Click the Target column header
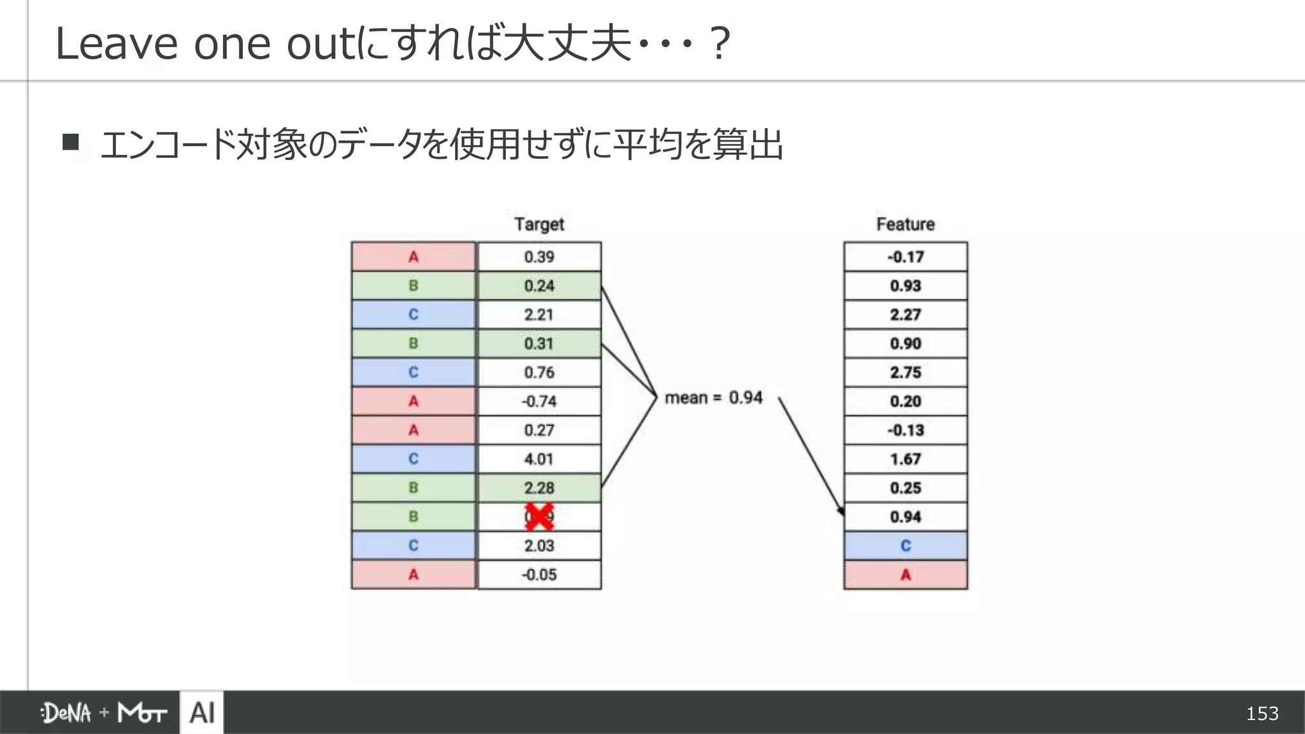click(539, 224)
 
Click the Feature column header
click(905, 224)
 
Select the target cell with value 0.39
click(539, 257)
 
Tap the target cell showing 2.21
click(539, 315)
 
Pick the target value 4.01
click(539, 459)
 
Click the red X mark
click(539, 517)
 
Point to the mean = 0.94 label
click(713, 398)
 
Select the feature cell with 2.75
click(905, 373)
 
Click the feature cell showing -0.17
click(905, 257)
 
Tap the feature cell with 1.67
click(905, 459)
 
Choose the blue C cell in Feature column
click(905, 546)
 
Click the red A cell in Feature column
click(905, 575)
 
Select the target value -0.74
click(539, 401)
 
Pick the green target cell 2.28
click(539, 488)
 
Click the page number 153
click(1262, 714)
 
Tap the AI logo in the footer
click(202, 712)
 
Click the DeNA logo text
click(66, 713)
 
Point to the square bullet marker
click(71, 141)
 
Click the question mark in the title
click(719, 43)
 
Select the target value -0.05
click(539, 575)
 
